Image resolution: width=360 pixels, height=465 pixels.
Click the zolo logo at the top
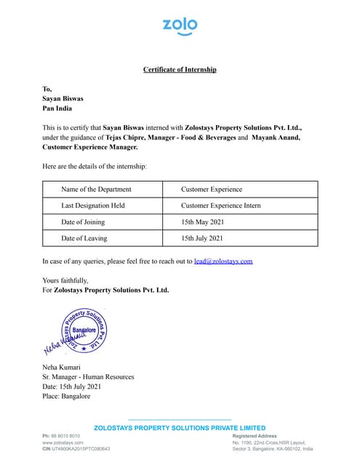(x=180, y=26)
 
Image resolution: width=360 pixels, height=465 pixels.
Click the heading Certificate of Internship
(x=180, y=69)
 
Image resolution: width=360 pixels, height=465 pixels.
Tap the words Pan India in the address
(x=57, y=108)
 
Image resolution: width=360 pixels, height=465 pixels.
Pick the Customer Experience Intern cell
(x=220, y=206)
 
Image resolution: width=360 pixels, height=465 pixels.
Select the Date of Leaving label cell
(x=84, y=238)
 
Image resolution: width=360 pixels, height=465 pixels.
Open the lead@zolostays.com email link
(x=223, y=260)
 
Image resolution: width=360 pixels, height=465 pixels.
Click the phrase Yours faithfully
(x=65, y=280)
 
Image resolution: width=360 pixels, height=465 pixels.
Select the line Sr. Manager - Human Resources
(x=88, y=377)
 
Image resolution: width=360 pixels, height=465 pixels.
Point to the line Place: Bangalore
(x=66, y=397)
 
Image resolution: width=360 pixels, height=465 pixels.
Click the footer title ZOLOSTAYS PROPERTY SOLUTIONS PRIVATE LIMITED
(x=180, y=427)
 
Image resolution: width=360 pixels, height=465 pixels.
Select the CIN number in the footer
(x=76, y=449)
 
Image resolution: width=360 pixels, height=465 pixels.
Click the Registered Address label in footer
(x=255, y=435)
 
